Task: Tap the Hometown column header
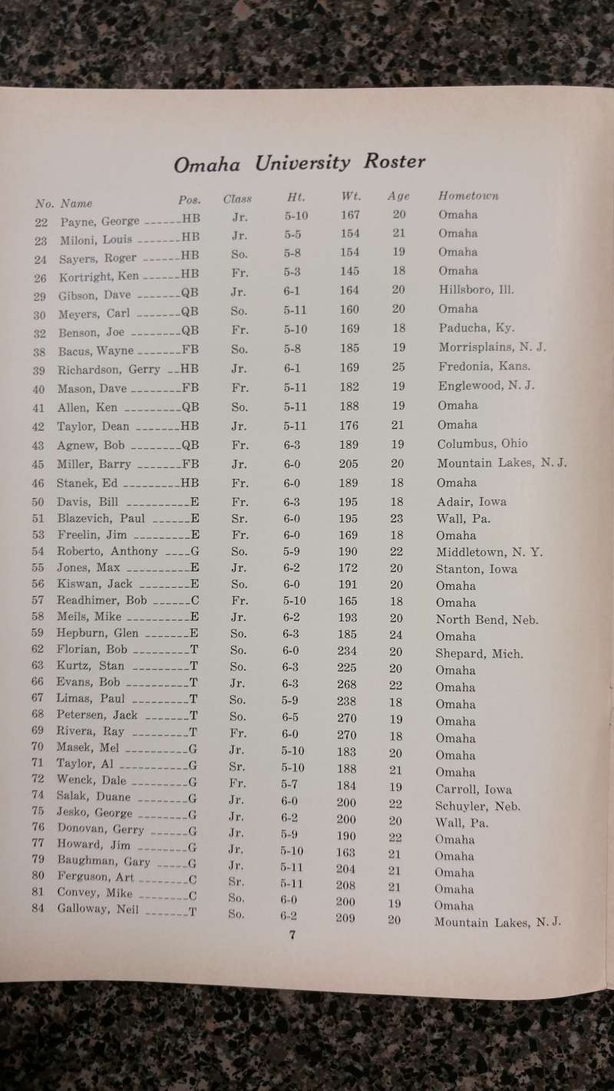[x=467, y=196]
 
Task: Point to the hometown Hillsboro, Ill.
[x=476, y=290]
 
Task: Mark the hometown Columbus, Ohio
[x=482, y=443]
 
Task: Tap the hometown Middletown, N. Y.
[x=488, y=552]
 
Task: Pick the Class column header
[x=237, y=199]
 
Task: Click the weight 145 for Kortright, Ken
[x=350, y=272]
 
